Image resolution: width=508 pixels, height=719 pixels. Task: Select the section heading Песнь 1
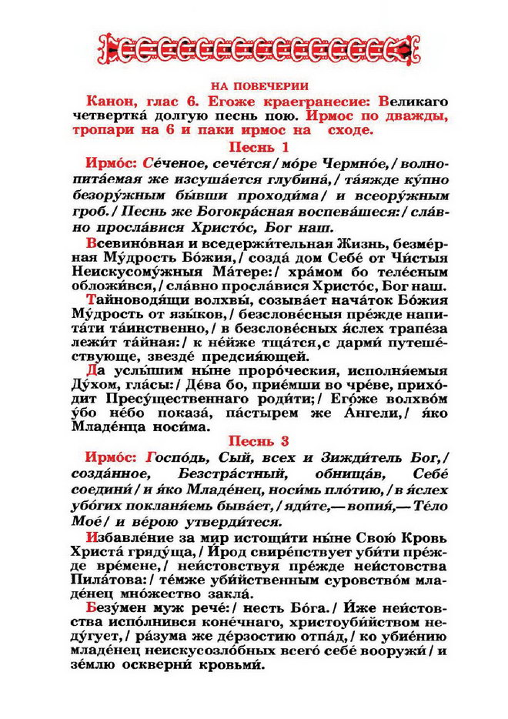(253, 146)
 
